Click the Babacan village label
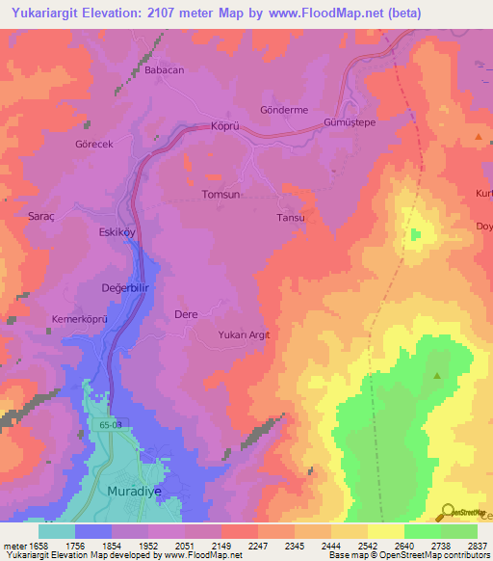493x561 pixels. (x=164, y=70)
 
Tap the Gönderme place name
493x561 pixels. (x=284, y=110)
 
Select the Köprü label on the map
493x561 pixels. (x=223, y=126)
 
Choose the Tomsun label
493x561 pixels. (x=219, y=195)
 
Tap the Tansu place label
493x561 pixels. (x=291, y=218)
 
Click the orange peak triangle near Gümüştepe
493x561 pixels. (x=479, y=139)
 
